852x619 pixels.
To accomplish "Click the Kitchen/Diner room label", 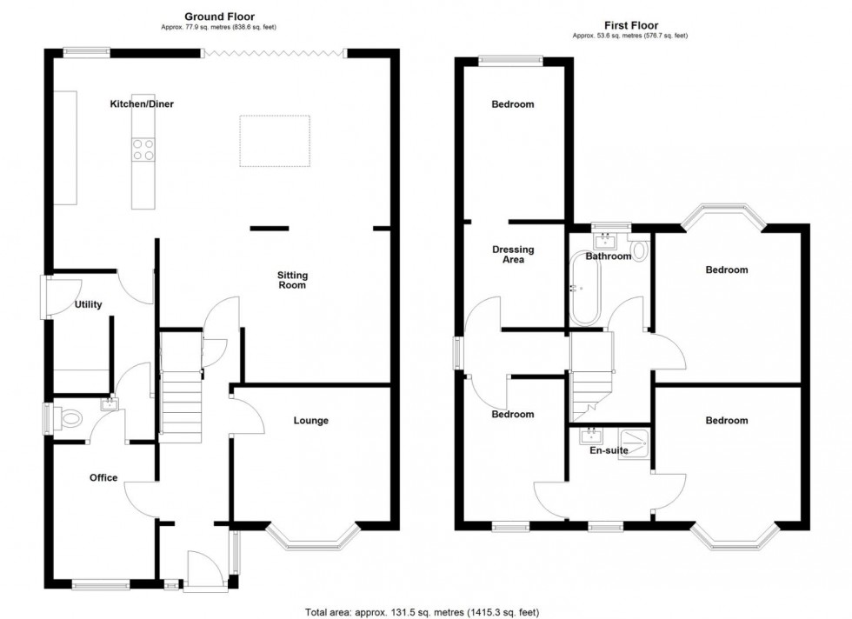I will coord(141,104).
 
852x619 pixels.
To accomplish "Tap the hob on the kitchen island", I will coord(143,150).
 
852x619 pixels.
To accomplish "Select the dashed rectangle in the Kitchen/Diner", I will coord(275,141).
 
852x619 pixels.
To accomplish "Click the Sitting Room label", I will coord(292,279).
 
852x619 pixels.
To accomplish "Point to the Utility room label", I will coord(89,305).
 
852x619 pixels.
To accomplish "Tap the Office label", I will coord(103,477).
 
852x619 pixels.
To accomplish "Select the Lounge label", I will coord(310,421).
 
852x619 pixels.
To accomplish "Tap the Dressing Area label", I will coord(513,255).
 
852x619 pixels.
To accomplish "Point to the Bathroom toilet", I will coord(641,251).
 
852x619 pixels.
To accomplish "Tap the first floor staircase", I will coord(591,383).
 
